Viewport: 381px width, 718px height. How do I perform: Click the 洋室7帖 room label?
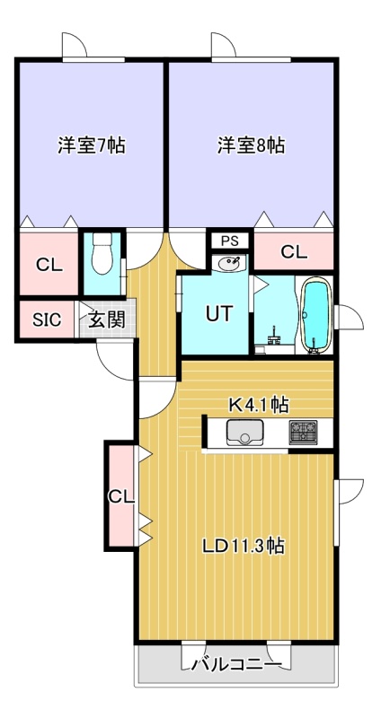[92, 145]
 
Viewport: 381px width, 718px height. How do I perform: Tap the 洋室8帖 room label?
[251, 145]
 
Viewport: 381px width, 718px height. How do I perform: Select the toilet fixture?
[102, 254]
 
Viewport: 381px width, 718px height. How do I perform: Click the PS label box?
[230, 241]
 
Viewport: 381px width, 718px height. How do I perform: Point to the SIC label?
[47, 320]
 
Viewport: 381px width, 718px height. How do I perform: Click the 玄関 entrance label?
[107, 320]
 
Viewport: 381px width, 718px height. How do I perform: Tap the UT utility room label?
[219, 313]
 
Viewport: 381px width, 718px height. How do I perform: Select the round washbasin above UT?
[229, 263]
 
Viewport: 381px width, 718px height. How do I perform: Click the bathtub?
[317, 315]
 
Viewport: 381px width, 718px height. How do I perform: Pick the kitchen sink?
[244, 433]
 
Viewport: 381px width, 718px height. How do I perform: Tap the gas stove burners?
[303, 433]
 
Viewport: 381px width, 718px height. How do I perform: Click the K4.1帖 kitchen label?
[259, 405]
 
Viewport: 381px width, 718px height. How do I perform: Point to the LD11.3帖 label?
[244, 546]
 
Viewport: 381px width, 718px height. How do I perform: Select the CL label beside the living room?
[121, 496]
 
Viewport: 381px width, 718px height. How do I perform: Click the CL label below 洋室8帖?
[294, 251]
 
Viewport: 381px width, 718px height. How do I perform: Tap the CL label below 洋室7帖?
[49, 264]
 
